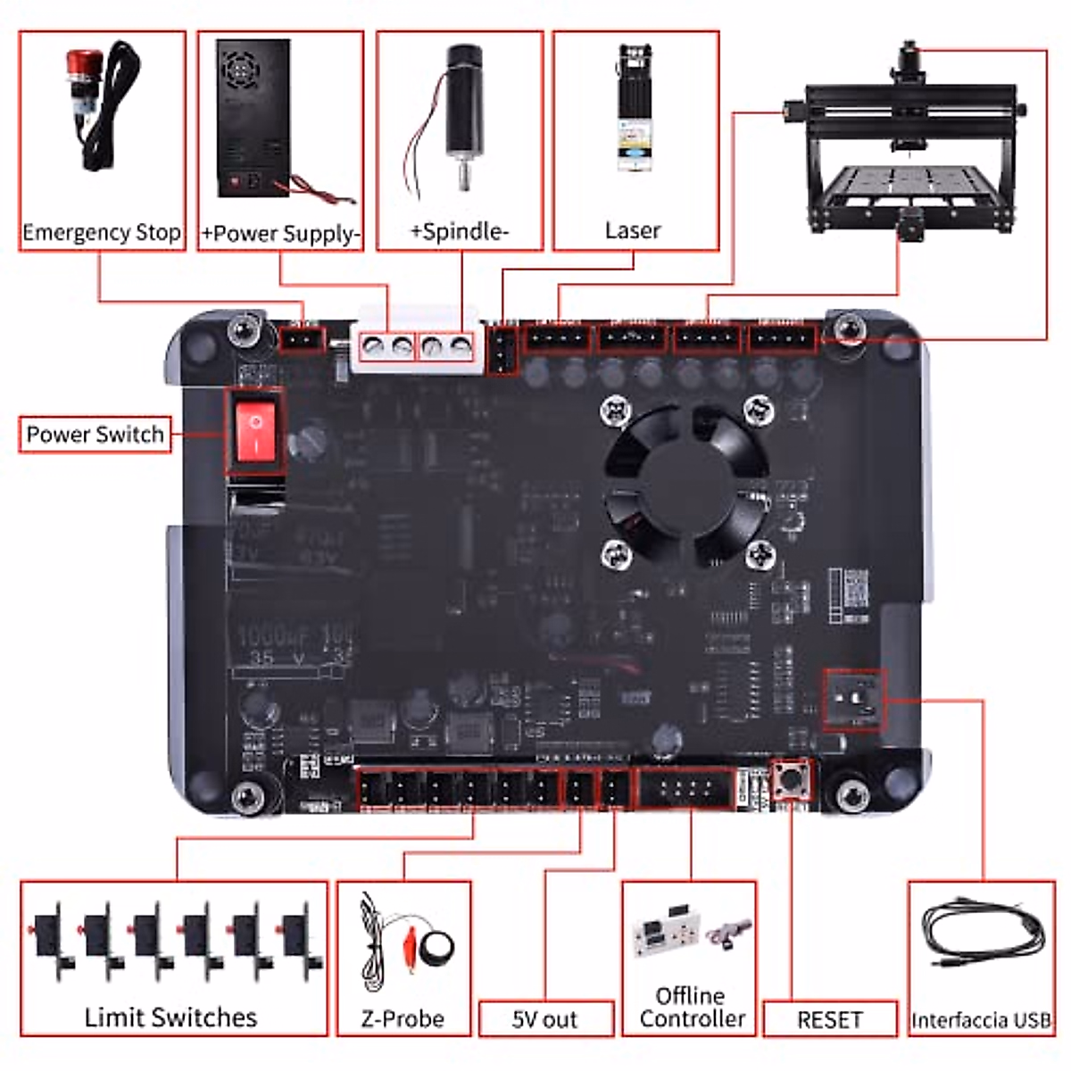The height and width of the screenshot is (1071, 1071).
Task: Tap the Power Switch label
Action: click(x=95, y=435)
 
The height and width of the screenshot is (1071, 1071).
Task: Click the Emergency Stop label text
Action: click(x=101, y=233)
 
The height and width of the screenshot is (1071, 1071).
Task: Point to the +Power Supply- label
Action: click(x=280, y=234)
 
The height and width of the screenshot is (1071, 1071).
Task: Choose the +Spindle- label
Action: click(x=459, y=232)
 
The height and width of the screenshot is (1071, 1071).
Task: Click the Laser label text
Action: click(x=633, y=231)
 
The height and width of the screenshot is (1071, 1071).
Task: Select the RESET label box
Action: click(x=830, y=1019)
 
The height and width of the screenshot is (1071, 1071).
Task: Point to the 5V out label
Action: click(x=544, y=1019)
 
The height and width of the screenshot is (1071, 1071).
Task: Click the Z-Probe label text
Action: click(x=403, y=1018)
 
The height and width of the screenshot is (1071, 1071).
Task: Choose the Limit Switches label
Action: click(x=170, y=1017)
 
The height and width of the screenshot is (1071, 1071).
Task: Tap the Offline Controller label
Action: click(x=691, y=1008)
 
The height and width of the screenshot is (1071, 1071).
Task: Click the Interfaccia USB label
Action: click(x=980, y=1020)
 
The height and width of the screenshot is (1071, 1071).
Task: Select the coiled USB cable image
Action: click(x=980, y=937)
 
